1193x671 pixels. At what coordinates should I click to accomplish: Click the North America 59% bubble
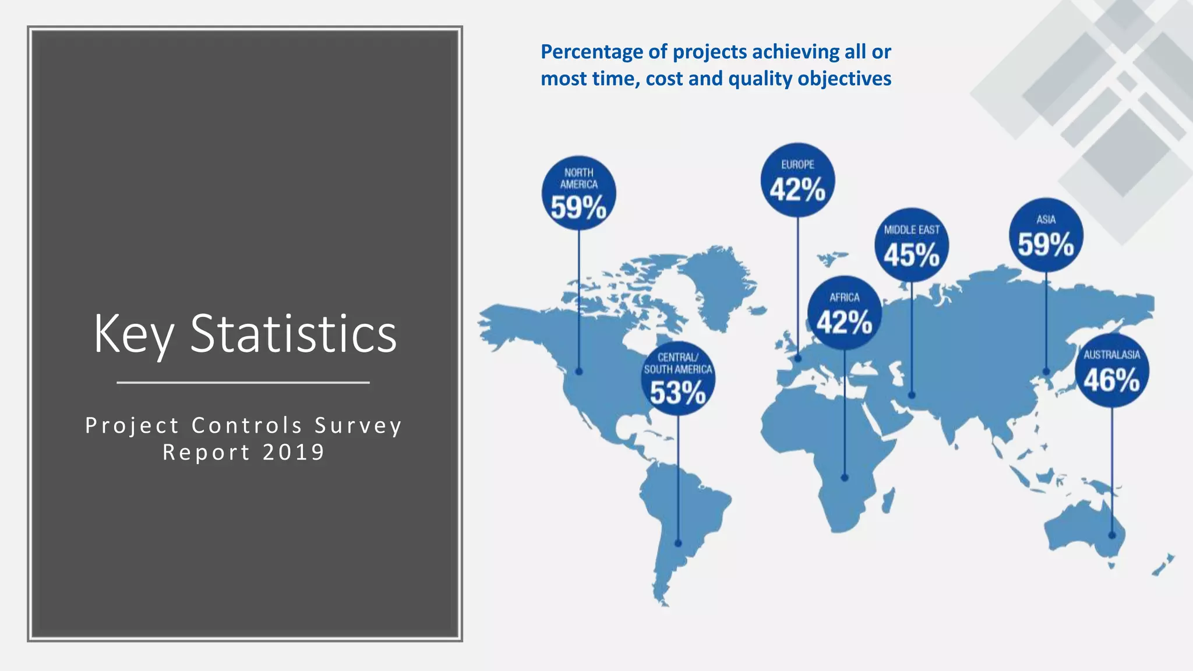(x=578, y=193)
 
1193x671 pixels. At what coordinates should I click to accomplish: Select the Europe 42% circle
(x=797, y=180)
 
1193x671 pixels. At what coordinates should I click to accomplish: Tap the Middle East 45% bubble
(x=912, y=245)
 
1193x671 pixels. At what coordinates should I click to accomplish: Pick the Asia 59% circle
(x=1046, y=235)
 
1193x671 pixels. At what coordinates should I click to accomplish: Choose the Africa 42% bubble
(x=844, y=313)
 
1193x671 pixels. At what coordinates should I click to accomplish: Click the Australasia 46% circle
(x=1111, y=370)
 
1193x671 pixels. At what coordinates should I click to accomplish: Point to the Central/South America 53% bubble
(x=677, y=379)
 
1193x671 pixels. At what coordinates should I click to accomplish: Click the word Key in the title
(x=133, y=334)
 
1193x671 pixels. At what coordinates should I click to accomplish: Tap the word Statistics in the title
(x=293, y=334)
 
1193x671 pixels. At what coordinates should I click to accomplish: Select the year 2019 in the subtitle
(x=294, y=452)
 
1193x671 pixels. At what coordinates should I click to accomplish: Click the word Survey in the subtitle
(x=358, y=425)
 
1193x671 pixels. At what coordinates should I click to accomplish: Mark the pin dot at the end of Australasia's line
(x=1111, y=535)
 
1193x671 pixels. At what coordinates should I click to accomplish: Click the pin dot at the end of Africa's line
(x=844, y=478)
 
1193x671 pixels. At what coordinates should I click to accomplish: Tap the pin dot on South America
(x=677, y=543)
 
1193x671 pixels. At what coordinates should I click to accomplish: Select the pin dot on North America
(x=578, y=371)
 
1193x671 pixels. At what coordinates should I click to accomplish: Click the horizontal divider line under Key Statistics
(x=243, y=383)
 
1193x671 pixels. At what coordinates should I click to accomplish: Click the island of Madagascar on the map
(x=888, y=500)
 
